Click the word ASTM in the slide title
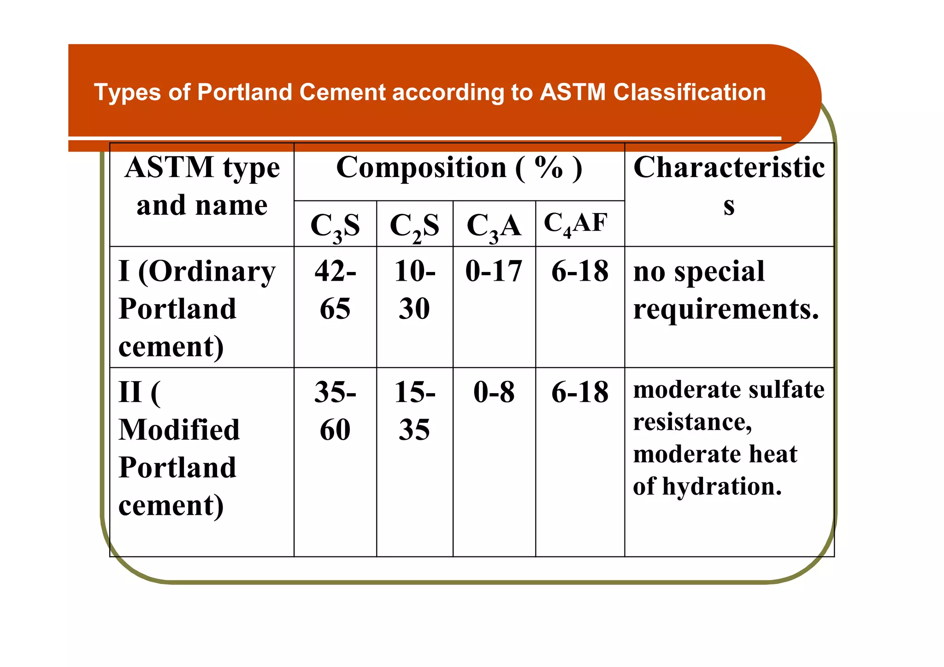coord(572,92)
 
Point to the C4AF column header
coord(576,224)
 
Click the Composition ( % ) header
coord(459,168)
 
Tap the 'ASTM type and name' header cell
coord(202,186)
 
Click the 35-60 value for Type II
coord(335,411)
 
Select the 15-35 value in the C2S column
coord(414,411)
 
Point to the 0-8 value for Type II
coord(494,392)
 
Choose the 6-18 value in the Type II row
coord(580,392)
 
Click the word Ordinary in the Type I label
coord(212,272)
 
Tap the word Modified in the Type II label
coord(179,430)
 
